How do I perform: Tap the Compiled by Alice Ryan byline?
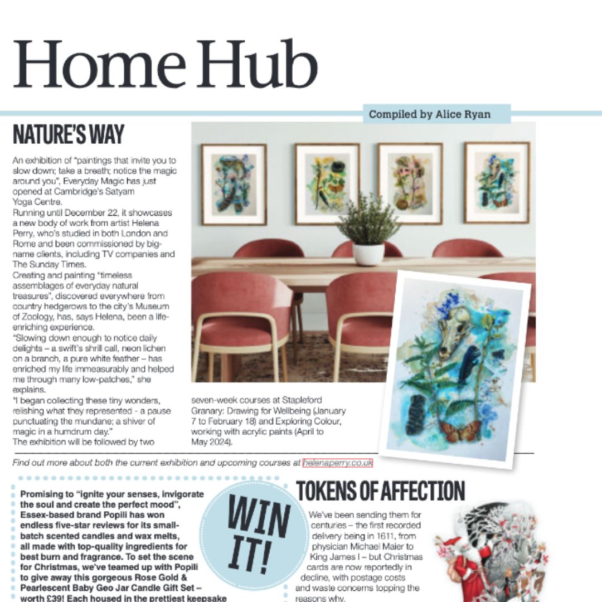click(x=429, y=114)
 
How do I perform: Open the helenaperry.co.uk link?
click(x=337, y=463)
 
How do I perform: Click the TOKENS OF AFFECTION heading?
click(x=380, y=491)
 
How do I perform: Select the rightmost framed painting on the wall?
click(x=497, y=182)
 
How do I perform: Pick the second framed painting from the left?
click(x=327, y=183)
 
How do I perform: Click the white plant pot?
click(x=368, y=254)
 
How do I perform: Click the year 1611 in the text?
click(x=390, y=526)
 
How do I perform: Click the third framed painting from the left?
click(x=410, y=183)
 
